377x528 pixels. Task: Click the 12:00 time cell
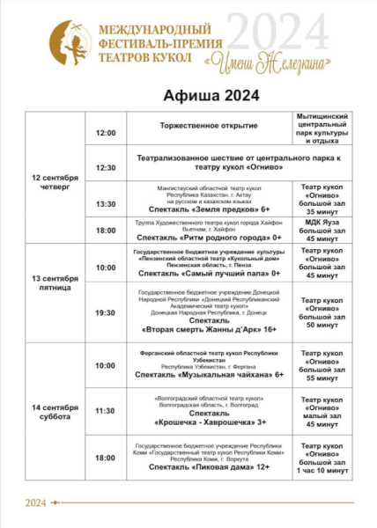click(106, 133)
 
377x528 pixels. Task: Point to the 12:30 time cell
click(106, 167)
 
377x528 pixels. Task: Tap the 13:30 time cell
click(106, 203)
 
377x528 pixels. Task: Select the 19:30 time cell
click(106, 312)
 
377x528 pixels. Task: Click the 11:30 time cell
click(106, 411)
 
